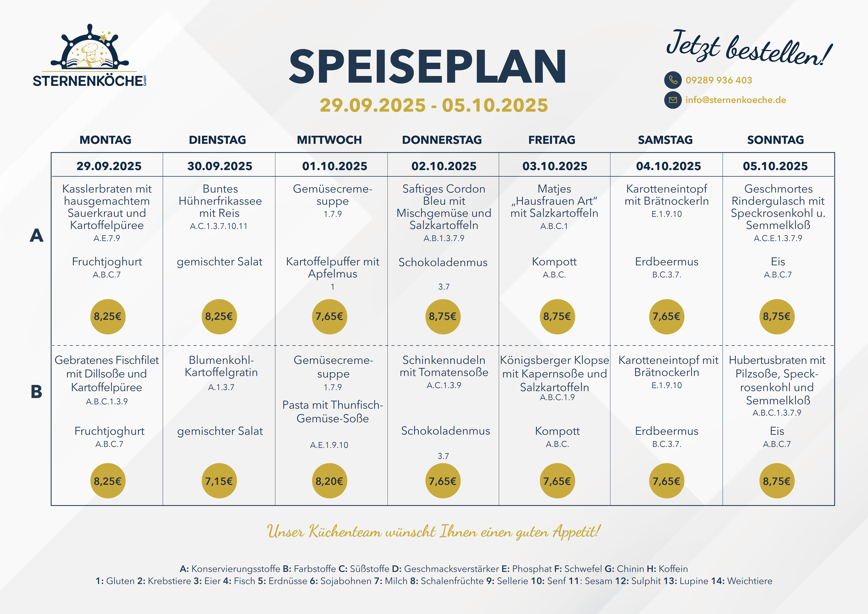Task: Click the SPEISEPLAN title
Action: pos(427,67)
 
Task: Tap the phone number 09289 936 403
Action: pos(719,80)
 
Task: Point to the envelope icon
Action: pos(673,100)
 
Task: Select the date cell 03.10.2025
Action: pos(555,166)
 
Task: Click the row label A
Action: pos(36,236)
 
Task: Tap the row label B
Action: pos(36,392)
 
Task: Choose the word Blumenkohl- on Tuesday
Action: pos(221,360)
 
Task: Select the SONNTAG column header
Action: pos(775,140)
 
